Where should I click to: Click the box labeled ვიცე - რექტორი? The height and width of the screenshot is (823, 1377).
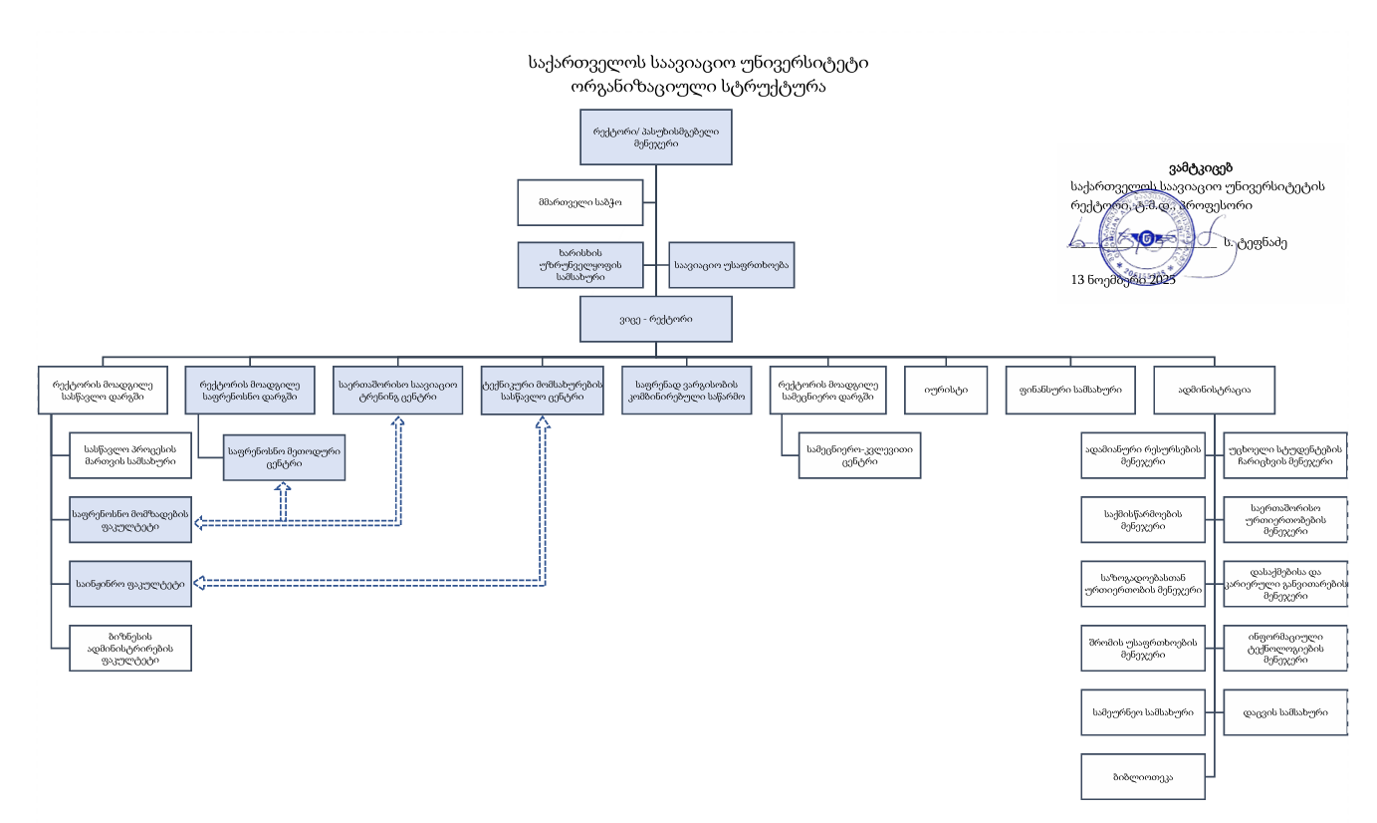pyautogui.click(x=656, y=319)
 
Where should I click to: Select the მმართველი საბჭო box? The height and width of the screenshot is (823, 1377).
pyautogui.click(x=579, y=203)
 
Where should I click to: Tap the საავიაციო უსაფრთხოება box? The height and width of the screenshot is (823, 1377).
pyautogui.click(x=731, y=266)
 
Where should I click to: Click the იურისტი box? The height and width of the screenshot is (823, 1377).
pyautogui.click(x=939, y=391)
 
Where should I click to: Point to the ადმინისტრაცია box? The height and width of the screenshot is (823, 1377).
pyautogui.click(x=1214, y=391)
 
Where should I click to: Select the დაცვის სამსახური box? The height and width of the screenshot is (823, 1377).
pyautogui.click(x=1284, y=712)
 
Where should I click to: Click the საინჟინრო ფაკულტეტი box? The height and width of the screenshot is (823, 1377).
pyautogui.click(x=130, y=584)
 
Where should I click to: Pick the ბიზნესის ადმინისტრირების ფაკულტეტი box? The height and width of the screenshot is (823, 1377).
pyautogui.click(x=130, y=648)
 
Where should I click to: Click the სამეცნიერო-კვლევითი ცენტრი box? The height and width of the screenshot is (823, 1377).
pyautogui.click(x=859, y=455)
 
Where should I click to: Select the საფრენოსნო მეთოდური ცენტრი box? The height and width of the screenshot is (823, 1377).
pyautogui.click(x=285, y=457)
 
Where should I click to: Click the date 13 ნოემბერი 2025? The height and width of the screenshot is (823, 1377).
pyautogui.click(x=1122, y=280)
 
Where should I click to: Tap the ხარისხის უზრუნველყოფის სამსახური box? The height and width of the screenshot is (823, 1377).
pyautogui.click(x=579, y=266)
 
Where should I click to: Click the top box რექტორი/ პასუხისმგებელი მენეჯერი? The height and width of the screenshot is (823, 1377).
pyautogui.click(x=656, y=137)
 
